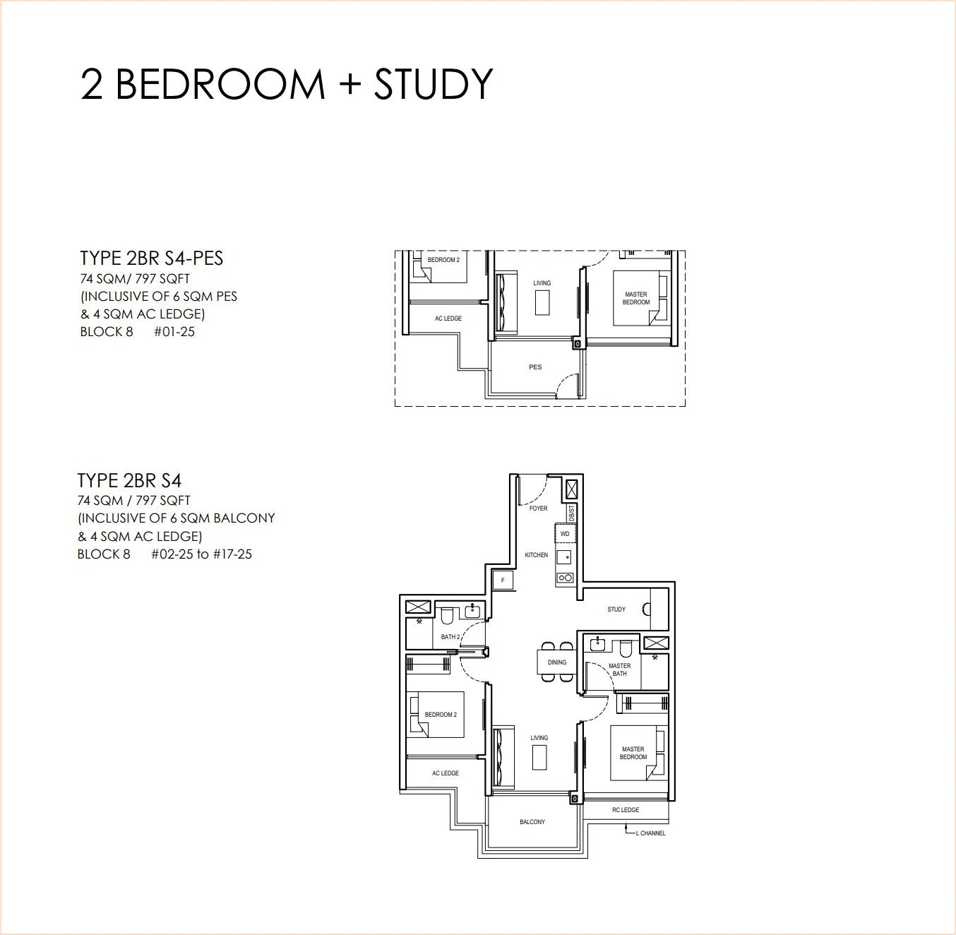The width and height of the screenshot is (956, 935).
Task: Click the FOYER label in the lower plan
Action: click(x=538, y=508)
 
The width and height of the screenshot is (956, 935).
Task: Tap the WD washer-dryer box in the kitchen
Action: click(x=565, y=534)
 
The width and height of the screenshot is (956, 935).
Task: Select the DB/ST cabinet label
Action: click(x=571, y=513)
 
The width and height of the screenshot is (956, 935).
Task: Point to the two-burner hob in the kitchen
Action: click(x=566, y=578)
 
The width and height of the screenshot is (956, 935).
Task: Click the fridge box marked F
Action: click(x=503, y=580)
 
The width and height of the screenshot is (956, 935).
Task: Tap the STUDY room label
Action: click(x=616, y=609)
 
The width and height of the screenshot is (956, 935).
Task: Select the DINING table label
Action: click(x=556, y=662)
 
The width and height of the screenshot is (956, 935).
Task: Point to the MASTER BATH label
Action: click(x=619, y=669)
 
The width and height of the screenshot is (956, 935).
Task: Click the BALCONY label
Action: click(x=532, y=822)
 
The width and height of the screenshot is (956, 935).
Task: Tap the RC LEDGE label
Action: click(x=626, y=810)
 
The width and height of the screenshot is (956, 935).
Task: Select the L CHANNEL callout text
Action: click(x=650, y=833)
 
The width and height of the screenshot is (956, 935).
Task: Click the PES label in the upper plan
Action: click(x=535, y=367)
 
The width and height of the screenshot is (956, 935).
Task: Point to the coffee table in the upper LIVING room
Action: click(x=543, y=303)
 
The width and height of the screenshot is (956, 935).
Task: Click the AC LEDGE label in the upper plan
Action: click(x=448, y=318)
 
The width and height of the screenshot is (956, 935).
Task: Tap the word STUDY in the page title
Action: click(x=434, y=84)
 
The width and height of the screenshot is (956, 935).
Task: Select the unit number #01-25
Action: click(x=174, y=332)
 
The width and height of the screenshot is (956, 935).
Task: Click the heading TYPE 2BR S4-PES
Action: click(x=151, y=258)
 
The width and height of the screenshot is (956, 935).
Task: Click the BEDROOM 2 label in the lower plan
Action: click(x=441, y=715)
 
